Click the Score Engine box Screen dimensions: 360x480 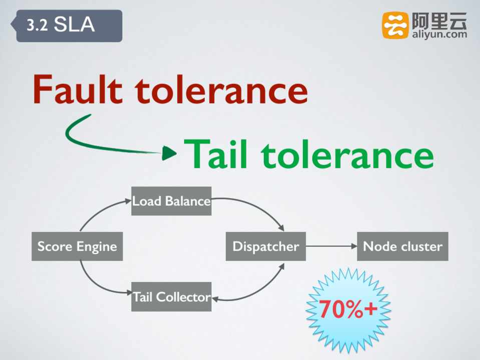pyautogui.click(x=77, y=246)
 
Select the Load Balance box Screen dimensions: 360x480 pyautogui.click(x=171, y=201)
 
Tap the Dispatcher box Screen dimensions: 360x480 pyautogui.click(x=265, y=246)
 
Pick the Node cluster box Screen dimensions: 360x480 pyautogui.click(x=402, y=246)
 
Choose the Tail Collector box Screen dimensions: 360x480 pyautogui.click(x=171, y=296)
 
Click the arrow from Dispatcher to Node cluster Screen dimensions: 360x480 pyautogui.click(x=331, y=246)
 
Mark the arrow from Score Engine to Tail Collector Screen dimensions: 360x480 pyautogui.click(x=98, y=282)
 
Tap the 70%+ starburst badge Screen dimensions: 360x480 pyautogui.click(x=348, y=309)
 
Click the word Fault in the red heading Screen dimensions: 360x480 pyautogui.click(x=78, y=90)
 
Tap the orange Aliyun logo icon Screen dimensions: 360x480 pyautogui.click(x=395, y=25)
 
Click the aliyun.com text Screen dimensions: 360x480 pyautogui.click(x=439, y=34)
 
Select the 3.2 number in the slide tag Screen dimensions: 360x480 pyautogui.click(x=37, y=25)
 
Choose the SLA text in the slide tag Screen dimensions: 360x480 pyautogui.click(x=74, y=25)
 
